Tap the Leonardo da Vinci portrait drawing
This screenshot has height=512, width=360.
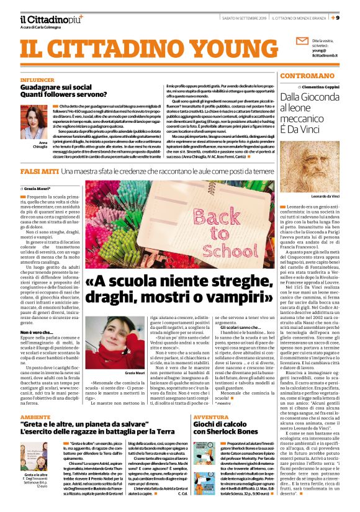[x=317, y=164]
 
